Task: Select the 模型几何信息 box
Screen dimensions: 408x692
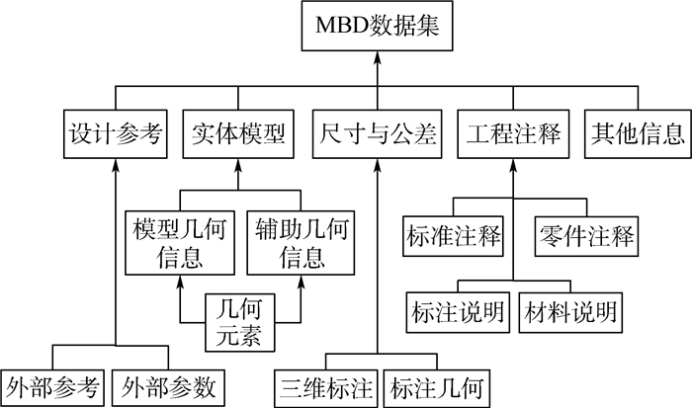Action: [178, 244]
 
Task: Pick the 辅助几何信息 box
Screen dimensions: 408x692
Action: [300, 244]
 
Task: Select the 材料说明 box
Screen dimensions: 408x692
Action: [570, 311]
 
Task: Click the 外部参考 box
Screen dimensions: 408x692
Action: [51, 384]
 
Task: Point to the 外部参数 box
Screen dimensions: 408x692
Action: [168, 384]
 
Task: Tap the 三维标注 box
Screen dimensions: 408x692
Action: [325, 384]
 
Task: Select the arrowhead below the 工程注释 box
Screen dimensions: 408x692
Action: [513, 162]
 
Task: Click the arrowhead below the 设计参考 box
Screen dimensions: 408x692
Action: [117, 162]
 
